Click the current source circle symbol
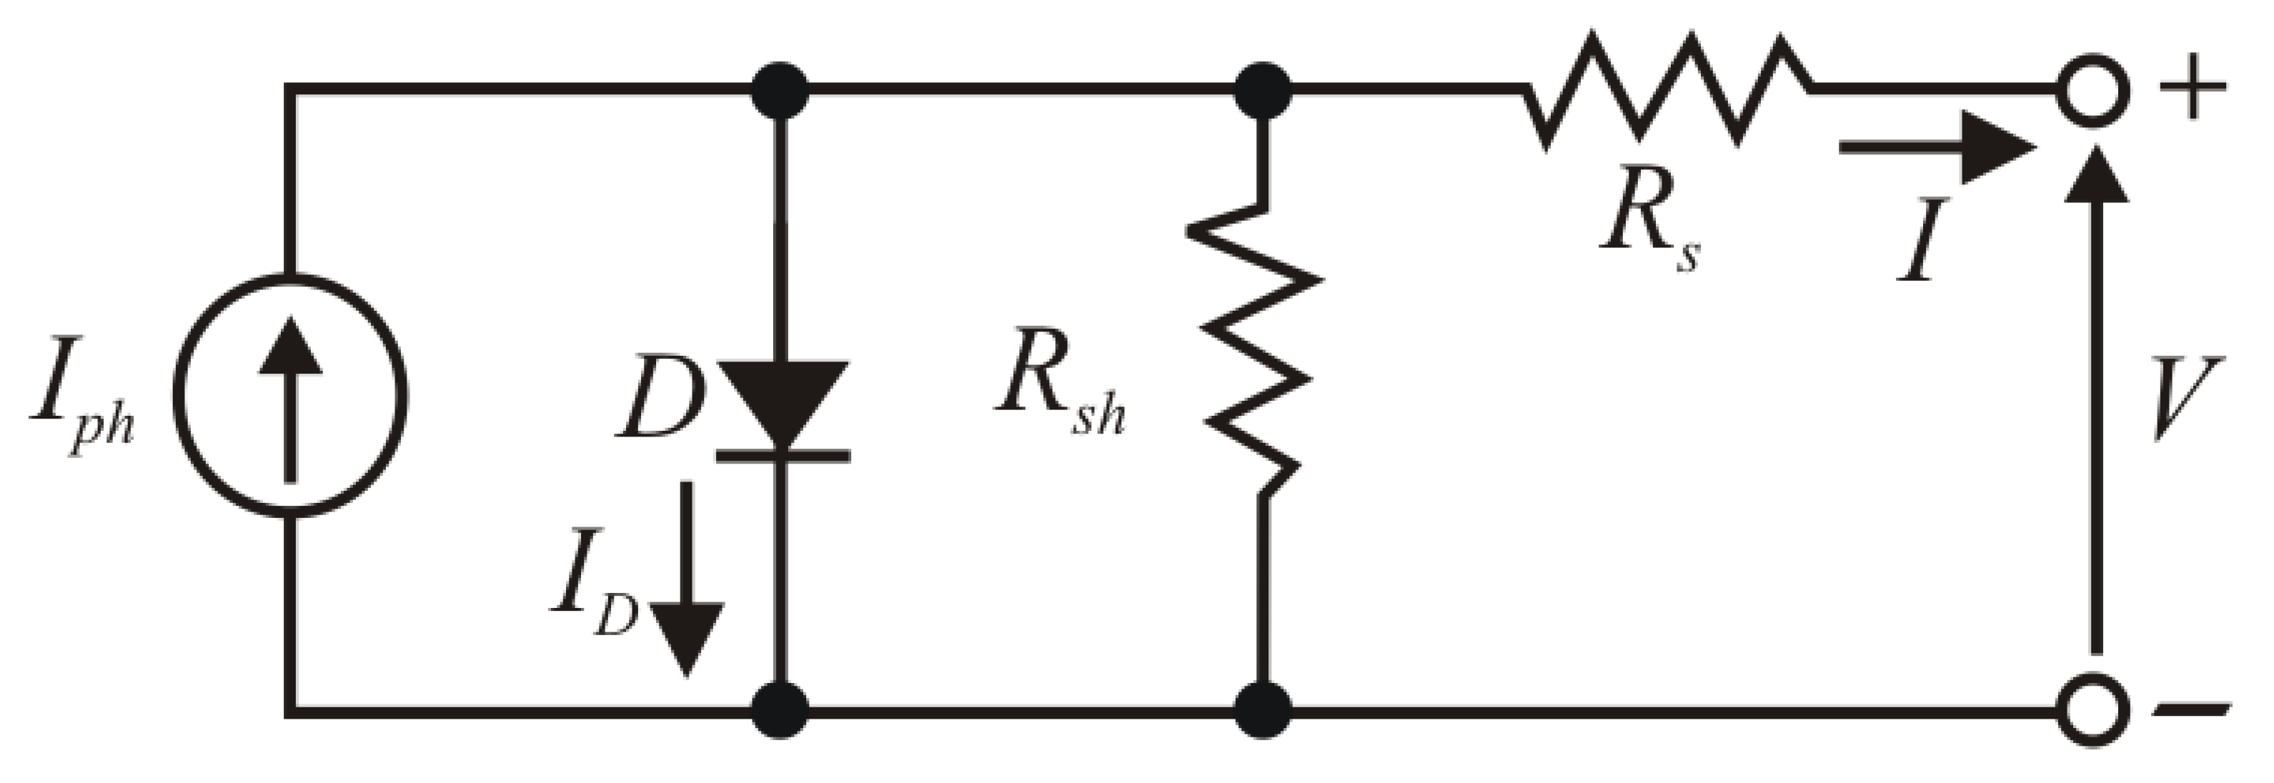(x=290, y=394)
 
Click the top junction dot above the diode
(x=780, y=90)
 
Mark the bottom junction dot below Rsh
(x=1263, y=709)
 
